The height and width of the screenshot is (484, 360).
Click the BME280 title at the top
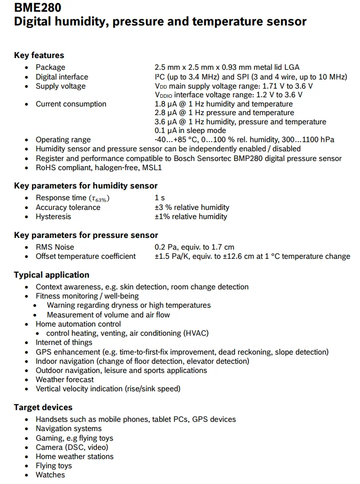point(38,8)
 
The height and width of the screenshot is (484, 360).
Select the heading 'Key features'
point(39,56)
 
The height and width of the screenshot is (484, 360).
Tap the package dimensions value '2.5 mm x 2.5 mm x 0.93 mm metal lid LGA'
point(227,67)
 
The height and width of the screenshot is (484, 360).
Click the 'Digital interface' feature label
point(62,77)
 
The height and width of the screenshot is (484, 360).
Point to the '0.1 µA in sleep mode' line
point(190,131)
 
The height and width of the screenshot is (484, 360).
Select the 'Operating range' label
point(63,140)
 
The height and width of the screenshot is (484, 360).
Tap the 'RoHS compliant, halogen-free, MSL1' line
point(98,168)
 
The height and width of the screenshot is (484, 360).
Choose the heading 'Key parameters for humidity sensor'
point(86,186)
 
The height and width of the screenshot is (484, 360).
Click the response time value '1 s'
point(160,198)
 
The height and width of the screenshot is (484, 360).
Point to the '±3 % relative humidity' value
point(192,207)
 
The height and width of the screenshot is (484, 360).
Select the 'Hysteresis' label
point(54,217)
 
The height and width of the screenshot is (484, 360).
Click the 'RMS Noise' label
point(55,247)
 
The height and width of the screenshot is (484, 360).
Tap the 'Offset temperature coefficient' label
point(86,256)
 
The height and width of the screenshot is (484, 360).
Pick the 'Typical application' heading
point(52,275)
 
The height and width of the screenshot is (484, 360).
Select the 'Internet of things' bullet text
point(64,342)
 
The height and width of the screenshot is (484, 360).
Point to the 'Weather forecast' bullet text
point(65,380)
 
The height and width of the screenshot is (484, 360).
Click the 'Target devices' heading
point(43,408)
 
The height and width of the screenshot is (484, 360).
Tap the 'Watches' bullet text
point(50,475)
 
